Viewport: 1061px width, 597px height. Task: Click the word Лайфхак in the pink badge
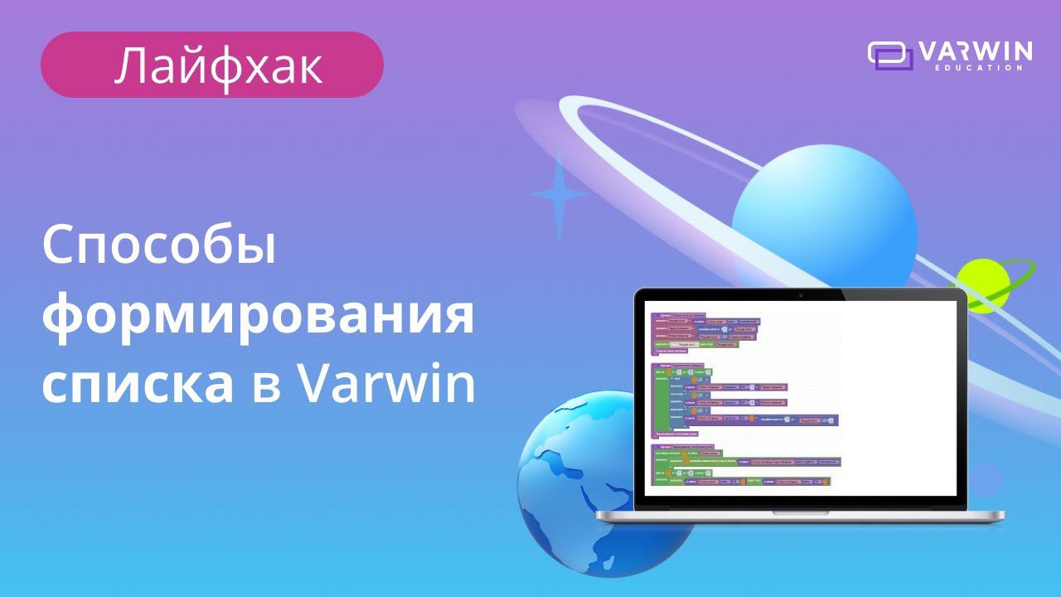218,66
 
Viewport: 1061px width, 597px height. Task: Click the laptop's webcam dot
800,294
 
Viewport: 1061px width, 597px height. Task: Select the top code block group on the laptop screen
705,334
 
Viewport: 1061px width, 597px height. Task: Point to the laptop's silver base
800,516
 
